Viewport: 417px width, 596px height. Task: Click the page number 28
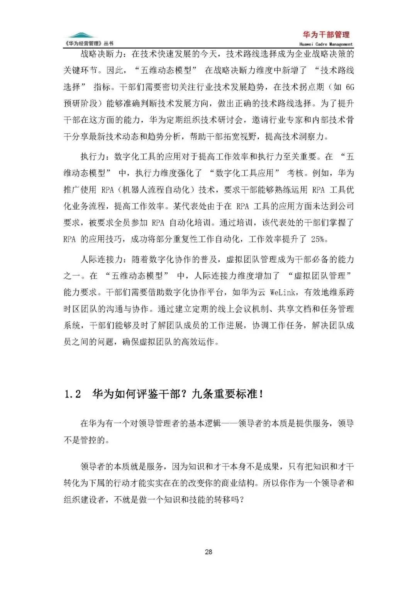pyautogui.click(x=208, y=552)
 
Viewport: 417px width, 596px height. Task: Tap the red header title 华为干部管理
pyautogui.click(x=326, y=34)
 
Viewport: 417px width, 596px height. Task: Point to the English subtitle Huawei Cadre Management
pyautogui.click(x=326, y=44)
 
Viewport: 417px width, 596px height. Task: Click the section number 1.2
pyautogui.click(x=72, y=394)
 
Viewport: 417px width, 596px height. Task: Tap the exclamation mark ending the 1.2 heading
pyautogui.click(x=262, y=394)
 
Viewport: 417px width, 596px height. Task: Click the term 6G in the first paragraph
pyautogui.click(x=349, y=87)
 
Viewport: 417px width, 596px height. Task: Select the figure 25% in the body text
pyautogui.click(x=319, y=239)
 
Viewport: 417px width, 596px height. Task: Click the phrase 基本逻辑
pyautogui.click(x=204, y=423)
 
